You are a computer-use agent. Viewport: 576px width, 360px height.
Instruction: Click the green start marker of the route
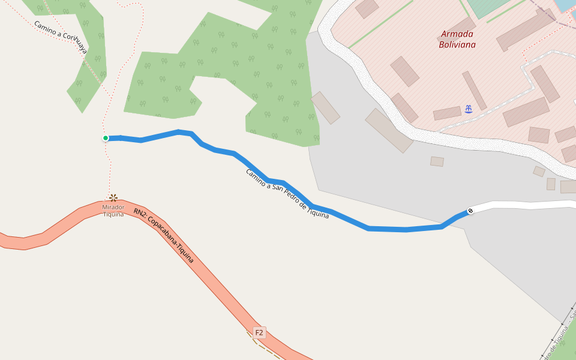[106, 138]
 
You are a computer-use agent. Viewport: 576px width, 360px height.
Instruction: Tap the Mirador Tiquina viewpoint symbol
[113, 197]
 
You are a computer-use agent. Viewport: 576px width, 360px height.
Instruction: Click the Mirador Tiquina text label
[113, 211]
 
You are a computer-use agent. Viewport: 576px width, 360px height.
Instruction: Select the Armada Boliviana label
[457, 39]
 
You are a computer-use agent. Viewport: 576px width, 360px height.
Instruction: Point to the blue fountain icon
[469, 109]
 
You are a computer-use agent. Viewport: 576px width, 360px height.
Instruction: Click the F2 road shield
[259, 332]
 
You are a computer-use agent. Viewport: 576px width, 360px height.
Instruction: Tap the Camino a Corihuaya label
[60, 37]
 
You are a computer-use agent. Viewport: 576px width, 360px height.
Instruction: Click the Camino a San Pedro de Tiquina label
[287, 193]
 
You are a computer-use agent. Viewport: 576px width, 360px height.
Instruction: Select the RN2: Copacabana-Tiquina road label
[164, 236]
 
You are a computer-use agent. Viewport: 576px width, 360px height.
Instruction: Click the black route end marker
[470, 211]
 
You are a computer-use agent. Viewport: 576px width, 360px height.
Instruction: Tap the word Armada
[457, 34]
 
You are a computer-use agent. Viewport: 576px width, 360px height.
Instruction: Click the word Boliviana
[457, 44]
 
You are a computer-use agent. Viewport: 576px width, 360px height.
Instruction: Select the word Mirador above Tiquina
[113, 207]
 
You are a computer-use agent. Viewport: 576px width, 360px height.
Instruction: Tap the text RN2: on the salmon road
[139, 213]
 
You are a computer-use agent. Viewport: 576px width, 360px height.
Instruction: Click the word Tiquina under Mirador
[113, 214]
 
